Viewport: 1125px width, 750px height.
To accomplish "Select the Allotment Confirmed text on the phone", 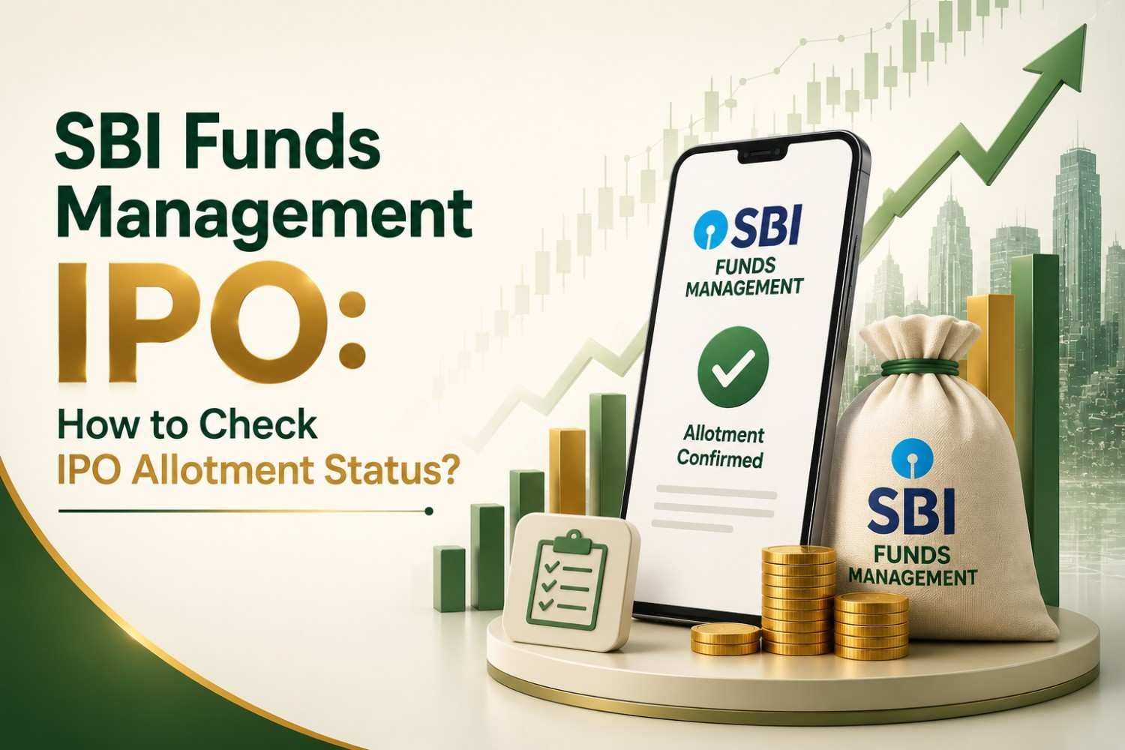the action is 721,446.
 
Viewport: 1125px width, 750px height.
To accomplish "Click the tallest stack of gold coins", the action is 797,600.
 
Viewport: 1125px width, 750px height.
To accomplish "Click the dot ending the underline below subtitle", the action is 428,511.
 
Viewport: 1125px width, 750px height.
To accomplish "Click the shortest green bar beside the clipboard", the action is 448,578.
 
